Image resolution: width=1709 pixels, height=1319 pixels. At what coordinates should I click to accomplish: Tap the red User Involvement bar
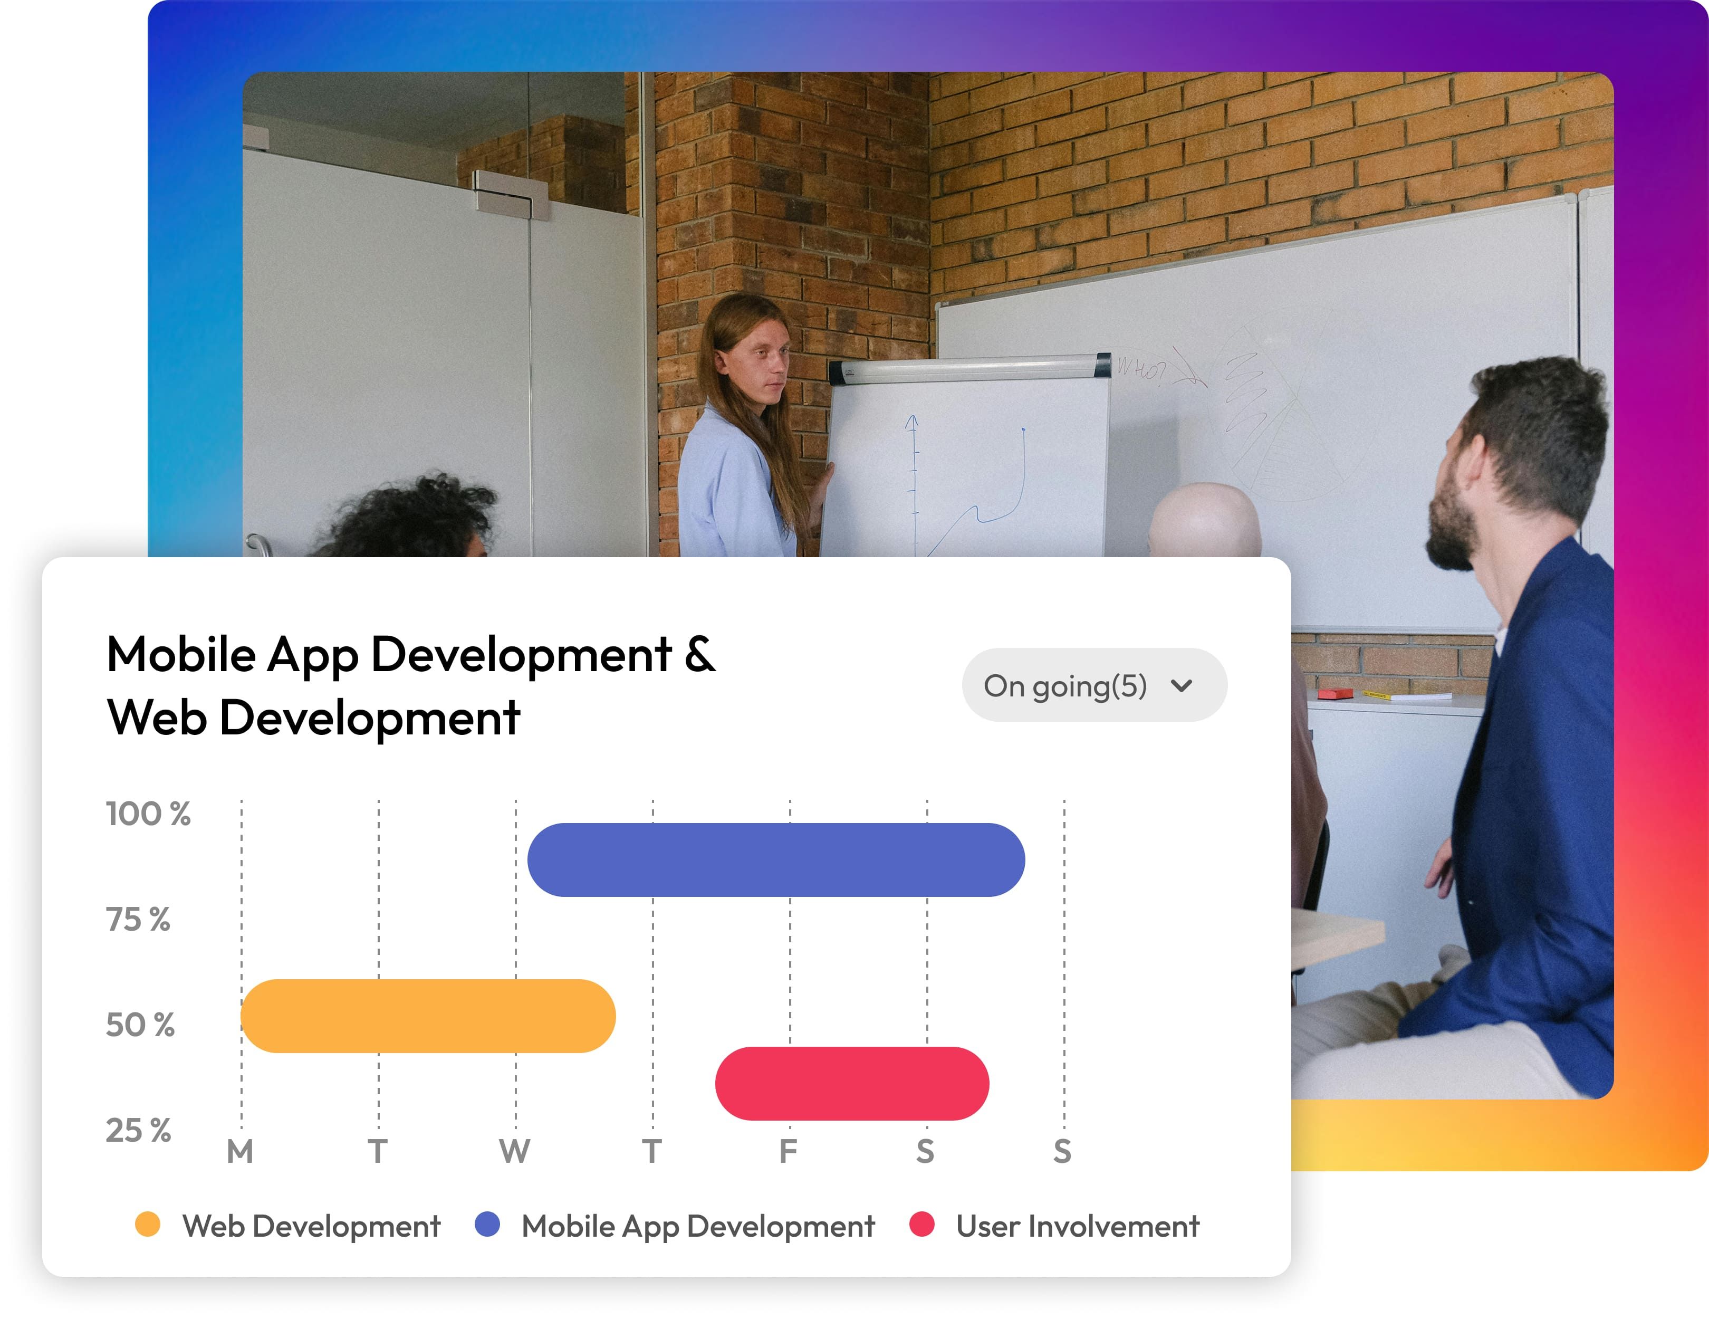pos(852,1083)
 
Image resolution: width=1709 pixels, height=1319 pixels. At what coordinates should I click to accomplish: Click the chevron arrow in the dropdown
pos(1182,686)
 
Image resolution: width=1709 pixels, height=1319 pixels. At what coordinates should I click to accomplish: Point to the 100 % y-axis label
pos(148,814)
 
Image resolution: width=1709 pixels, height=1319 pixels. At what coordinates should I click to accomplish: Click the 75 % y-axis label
pos(138,920)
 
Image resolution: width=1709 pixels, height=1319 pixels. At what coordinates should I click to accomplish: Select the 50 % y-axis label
pos(140,1025)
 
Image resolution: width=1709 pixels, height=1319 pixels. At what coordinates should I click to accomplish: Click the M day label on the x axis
pos(240,1151)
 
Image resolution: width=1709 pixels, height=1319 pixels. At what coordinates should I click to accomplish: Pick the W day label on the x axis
pos(515,1151)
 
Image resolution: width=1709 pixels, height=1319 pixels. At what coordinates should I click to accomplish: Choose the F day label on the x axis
pos(788,1151)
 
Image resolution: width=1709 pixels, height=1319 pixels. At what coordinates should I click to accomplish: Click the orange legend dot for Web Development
pos(147,1224)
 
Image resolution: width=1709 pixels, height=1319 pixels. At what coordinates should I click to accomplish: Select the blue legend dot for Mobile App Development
pos(487,1224)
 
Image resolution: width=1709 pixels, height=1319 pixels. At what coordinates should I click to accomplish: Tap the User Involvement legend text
pos(1078,1226)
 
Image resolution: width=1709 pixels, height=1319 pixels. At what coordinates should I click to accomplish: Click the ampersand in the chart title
pos(699,654)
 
